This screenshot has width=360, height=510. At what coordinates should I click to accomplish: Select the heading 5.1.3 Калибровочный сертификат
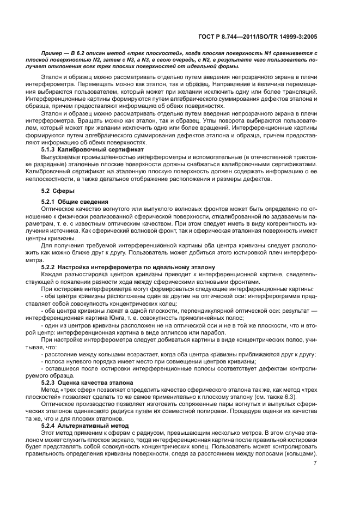pos(93,149)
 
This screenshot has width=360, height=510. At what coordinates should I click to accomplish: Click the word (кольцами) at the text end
pos(303,451)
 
